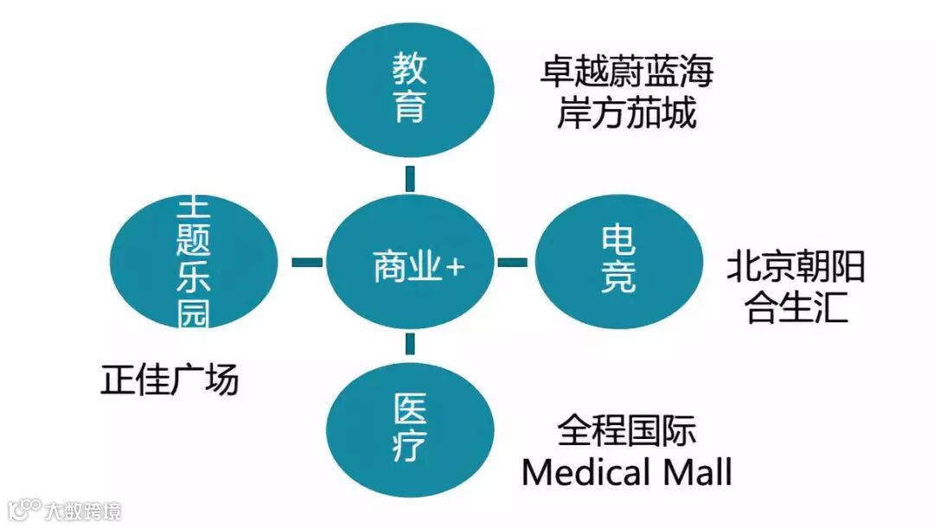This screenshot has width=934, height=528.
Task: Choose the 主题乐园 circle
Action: (194, 262)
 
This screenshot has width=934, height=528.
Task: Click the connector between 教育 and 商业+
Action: (409, 178)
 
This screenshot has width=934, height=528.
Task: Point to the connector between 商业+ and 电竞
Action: (513, 262)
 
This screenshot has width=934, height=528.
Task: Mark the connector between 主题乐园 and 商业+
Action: (306, 262)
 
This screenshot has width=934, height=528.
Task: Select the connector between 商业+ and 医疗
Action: (409, 345)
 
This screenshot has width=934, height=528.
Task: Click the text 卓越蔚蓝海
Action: (626, 71)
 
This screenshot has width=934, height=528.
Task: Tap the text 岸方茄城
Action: (626, 113)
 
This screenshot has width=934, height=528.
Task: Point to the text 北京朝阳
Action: (796, 267)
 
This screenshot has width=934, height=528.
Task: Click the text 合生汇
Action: (796, 309)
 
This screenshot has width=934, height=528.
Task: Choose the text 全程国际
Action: (626, 430)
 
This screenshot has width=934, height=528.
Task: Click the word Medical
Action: (585, 472)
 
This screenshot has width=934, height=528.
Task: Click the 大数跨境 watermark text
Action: (85, 510)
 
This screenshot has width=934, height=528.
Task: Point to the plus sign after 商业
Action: (454, 267)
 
